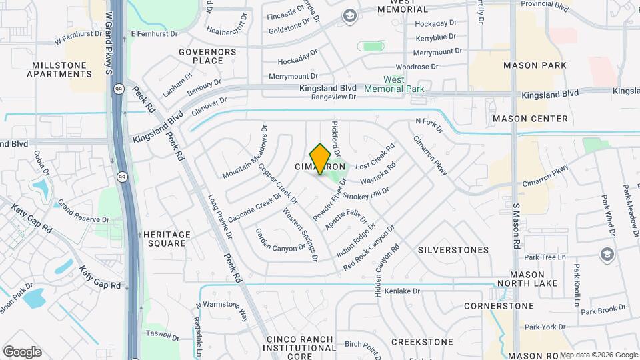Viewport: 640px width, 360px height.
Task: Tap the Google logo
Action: (x=22, y=351)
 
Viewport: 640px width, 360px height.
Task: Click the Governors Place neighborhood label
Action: (x=207, y=56)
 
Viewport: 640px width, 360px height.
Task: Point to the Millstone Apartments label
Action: (x=59, y=69)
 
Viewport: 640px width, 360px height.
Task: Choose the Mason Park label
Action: (x=535, y=65)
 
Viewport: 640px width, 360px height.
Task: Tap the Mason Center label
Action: (x=530, y=119)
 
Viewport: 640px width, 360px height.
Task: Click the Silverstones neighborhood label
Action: (x=453, y=250)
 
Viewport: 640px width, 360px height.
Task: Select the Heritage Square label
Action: (x=167, y=239)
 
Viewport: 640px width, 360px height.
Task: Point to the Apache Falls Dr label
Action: (x=346, y=219)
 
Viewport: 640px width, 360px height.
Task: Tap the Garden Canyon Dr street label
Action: (x=280, y=241)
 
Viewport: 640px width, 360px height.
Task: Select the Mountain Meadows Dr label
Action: (x=245, y=153)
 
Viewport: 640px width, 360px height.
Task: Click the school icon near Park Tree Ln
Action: (x=607, y=254)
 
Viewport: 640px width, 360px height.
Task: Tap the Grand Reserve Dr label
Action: (x=83, y=210)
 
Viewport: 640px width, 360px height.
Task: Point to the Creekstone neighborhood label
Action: (x=422, y=342)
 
